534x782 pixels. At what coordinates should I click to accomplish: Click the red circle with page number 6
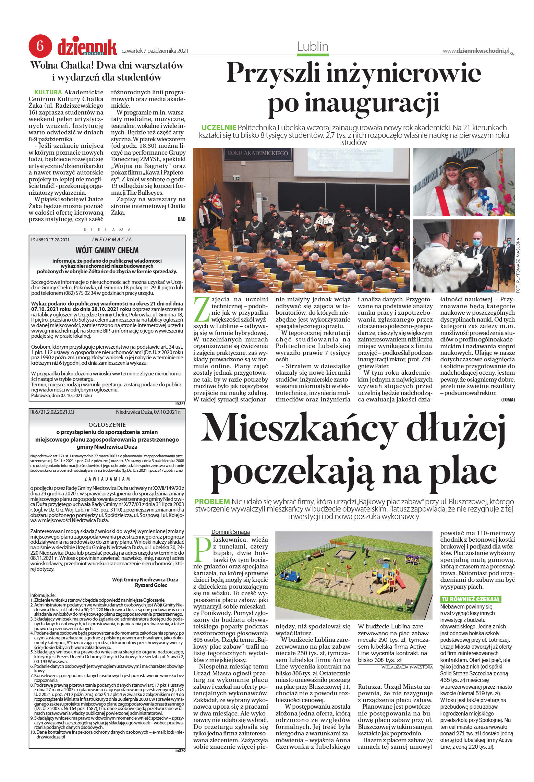pos(40,46)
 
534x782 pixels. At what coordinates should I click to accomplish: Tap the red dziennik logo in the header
pos(87,47)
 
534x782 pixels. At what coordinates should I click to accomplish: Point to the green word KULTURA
pos(48,92)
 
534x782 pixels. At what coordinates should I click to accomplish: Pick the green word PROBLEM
pos(212,502)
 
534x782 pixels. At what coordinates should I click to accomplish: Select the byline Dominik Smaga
pos(230,532)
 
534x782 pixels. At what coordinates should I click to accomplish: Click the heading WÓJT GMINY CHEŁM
pos(107,250)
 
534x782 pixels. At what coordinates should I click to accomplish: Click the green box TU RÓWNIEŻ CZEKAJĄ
pos(471,599)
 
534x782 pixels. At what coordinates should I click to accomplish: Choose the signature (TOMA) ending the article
pos(508,400)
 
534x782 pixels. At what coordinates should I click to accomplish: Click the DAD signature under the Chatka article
pos(181,219)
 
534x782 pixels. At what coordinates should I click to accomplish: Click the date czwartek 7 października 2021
pos(155,51)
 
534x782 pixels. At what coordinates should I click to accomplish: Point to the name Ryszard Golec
pos(151,585)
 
